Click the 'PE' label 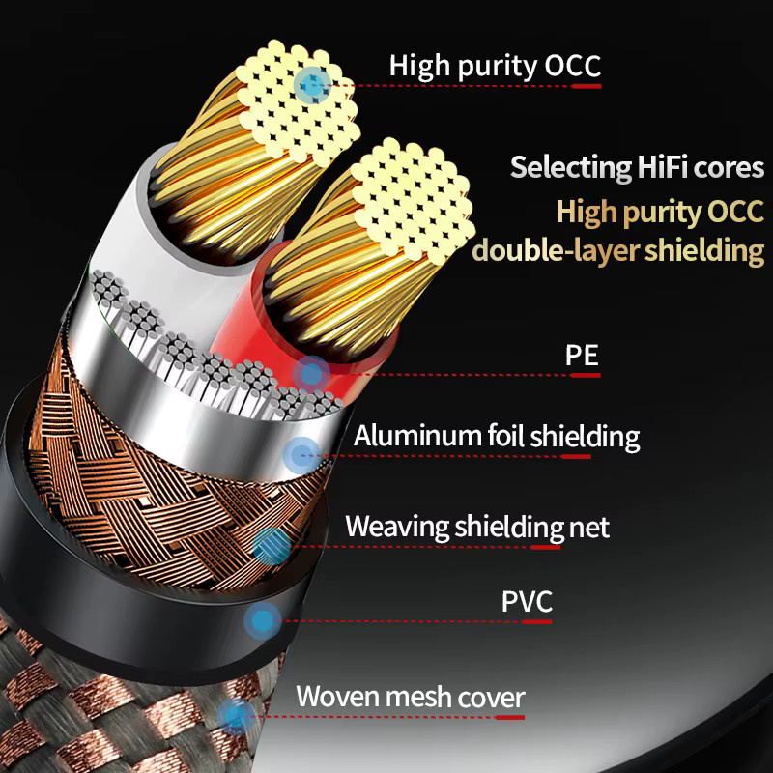[x=582, y=355]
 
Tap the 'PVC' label [x=527, y=601]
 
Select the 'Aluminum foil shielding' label [x=497, y=437]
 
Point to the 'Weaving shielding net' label [x=477, y=527]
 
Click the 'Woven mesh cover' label [x=410, y=697]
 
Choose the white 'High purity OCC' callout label [x=495, y=66]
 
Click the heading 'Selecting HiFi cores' [x=637, y=167]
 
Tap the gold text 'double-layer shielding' [x=618, y=250]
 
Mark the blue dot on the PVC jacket [x=263, y=620]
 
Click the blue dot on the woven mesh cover [x=236, y=716]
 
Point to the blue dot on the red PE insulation [x=310, y=374]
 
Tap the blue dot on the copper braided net [x=272, y=546]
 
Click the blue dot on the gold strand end [x=312, y=86]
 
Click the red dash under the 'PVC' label [x=536, y=621]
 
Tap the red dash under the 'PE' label [x=586, y=375]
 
